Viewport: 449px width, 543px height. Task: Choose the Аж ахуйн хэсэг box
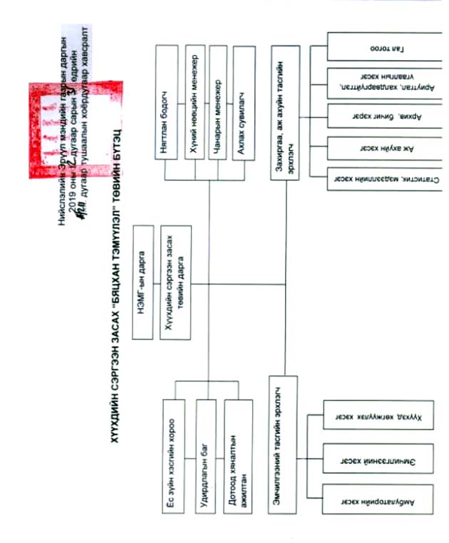click(388, 151)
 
